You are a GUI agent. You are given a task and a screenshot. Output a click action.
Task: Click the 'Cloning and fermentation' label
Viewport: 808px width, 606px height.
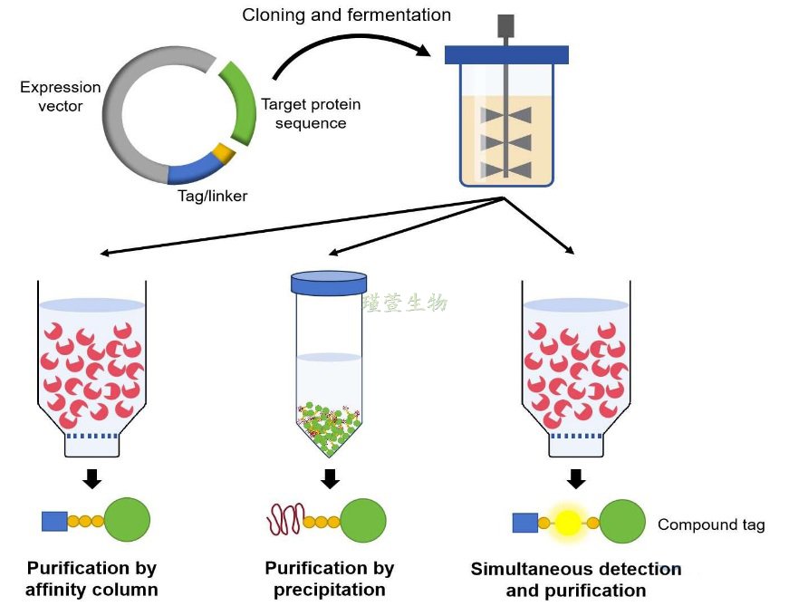tap(346, 15)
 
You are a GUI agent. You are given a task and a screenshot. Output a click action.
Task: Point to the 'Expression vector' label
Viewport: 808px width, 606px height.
tap(61, 96)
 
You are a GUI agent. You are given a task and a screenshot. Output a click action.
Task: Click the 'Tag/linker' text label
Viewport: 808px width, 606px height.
tap(212, 195)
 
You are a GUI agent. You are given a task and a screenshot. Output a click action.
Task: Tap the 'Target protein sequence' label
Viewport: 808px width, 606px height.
tap(303, 113)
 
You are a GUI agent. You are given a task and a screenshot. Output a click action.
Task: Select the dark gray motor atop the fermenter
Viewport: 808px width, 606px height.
tap(507, 25)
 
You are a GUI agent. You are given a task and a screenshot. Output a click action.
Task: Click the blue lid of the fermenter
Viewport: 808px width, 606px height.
tap(507, 54)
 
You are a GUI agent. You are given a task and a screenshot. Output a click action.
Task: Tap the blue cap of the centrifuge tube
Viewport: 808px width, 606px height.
tap(329, 283)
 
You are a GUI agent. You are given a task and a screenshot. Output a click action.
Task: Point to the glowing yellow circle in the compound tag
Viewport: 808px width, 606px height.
tap(568, 523)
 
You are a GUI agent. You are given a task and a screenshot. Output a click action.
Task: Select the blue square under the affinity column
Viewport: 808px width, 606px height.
tap(54, 521)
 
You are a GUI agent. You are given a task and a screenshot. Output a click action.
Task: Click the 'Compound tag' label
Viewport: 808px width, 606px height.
tap(711, 524)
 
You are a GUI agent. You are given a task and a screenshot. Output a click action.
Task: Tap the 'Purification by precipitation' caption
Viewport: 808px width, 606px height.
tap(330, 579)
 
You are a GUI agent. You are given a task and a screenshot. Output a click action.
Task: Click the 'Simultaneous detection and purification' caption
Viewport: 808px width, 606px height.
tap(576, 580)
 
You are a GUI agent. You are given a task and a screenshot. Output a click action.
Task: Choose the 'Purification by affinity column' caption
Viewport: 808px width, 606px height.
tap(91, 580)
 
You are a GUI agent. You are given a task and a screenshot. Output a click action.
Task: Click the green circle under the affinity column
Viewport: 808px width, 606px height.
tap(127, 520)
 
